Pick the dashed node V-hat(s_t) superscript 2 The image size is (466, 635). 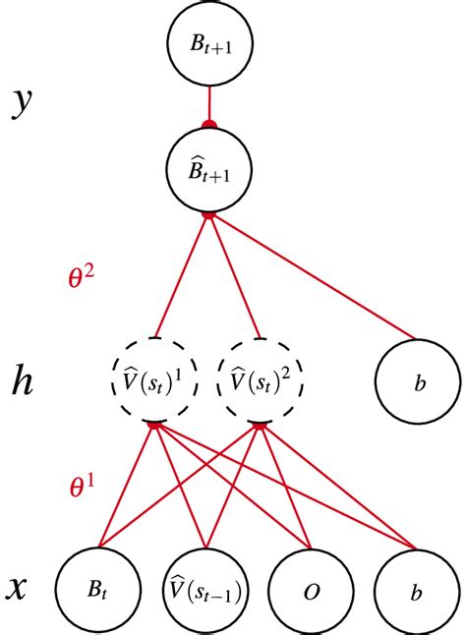coord(259,378)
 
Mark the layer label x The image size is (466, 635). coord(18,589)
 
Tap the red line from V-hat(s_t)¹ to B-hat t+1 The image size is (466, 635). coord(183,276)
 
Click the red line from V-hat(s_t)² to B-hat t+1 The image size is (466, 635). coord(234,276)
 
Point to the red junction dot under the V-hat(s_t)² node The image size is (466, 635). coord(260,424)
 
